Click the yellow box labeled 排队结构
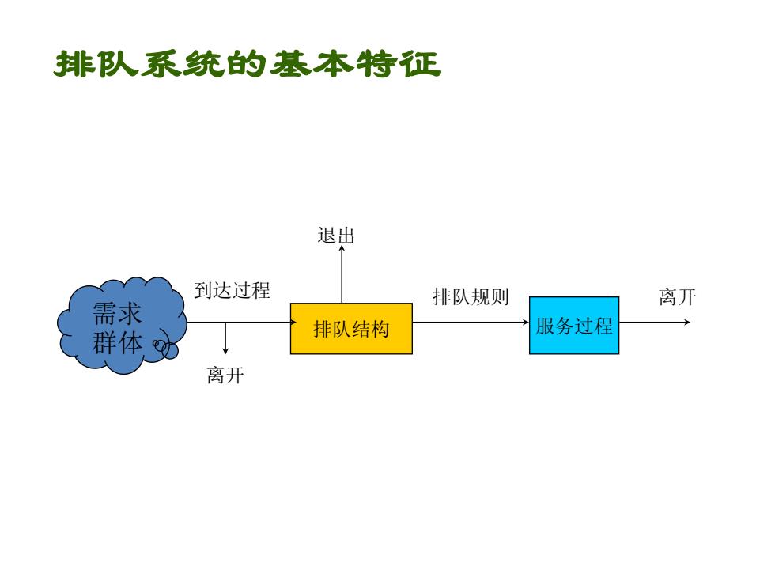[351, 329]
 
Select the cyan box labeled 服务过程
[574, 326]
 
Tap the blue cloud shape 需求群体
[122, 325]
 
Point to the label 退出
[336, 236]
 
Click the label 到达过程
[232, 290]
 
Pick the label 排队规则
[471, 296]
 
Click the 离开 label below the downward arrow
[225, 375]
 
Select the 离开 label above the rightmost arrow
[677, 297]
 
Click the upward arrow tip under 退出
[342, 246]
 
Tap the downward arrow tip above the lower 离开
[225, 353]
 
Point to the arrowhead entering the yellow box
[294, 323]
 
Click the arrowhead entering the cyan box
[527, 323]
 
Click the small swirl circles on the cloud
[165, 348]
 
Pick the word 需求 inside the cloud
[117, 313]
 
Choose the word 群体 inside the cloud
[117, 342]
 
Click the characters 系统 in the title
[183, 64]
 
